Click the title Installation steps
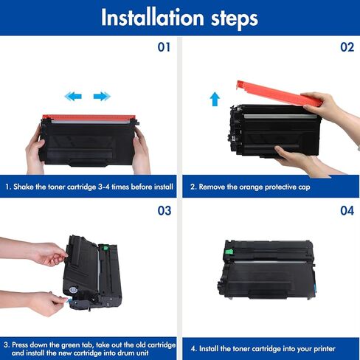179,17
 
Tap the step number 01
164,47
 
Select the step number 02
347,47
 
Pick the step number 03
164,211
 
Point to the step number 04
347,211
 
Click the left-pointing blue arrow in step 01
73,96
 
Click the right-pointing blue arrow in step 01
102,96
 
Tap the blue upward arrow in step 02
215,98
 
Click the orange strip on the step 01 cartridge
89,118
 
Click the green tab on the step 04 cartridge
235,255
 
